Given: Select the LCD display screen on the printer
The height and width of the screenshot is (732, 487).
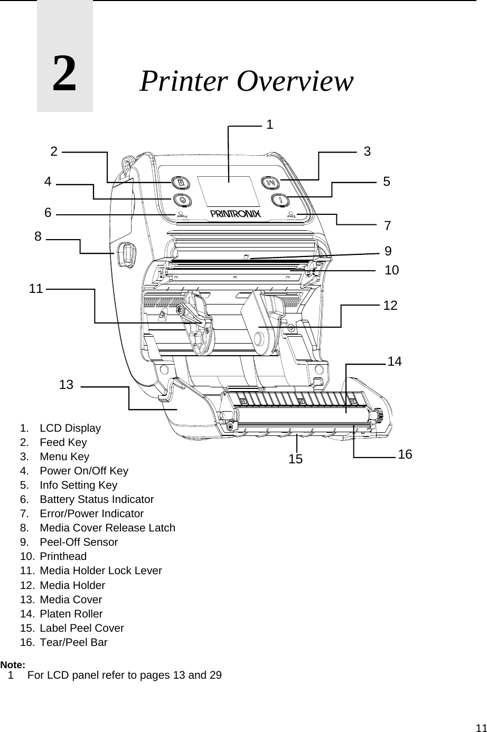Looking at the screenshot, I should (228, 191).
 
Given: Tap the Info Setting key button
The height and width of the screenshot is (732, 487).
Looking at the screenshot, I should (278, 200).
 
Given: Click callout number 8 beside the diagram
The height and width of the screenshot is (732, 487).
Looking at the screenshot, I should (38, 237).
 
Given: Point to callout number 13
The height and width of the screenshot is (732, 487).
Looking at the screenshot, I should (66, 385).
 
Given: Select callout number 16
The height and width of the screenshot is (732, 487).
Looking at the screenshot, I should (405, 454).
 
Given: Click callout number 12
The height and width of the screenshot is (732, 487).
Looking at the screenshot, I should (390, 305).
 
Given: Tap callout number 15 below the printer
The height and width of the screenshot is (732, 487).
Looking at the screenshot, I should (296, 459).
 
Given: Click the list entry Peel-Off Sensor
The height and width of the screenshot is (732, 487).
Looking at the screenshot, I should (79, 542).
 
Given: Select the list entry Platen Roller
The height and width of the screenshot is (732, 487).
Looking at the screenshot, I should (71, 614).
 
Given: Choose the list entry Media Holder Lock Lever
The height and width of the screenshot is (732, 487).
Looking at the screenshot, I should (100, 571).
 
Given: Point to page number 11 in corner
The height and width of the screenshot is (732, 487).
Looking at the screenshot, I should (480, 727).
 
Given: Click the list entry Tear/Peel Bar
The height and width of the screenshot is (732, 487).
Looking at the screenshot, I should (73, 642).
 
